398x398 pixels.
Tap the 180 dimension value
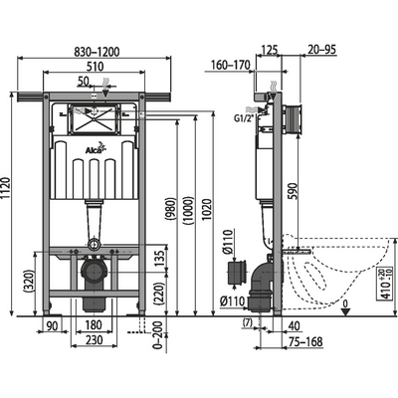tap(91, 323)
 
